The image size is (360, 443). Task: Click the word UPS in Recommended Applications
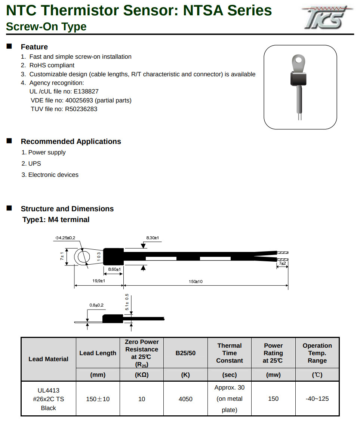click(35, 164)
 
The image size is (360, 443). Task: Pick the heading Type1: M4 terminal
click(56, 220)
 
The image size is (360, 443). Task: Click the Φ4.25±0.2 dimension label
click(65, 238)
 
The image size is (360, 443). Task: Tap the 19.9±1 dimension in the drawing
click(99, 281)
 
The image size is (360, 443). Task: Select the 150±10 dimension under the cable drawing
click(195, 282)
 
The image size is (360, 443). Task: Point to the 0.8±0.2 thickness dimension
click(96, 305)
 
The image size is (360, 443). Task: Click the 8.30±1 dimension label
click(153, 238)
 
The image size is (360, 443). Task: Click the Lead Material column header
click(49, 359)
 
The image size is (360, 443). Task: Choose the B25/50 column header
click(185, 353)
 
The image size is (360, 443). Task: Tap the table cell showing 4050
click(185, 399)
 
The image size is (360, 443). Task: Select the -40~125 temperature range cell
click(317, 399)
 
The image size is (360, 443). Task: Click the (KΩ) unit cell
click(142, 375)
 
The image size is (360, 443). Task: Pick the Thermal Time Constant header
click(230, 353)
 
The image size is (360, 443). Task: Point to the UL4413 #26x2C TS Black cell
click(49, 399)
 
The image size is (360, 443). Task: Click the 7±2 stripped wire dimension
click(283, 264)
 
